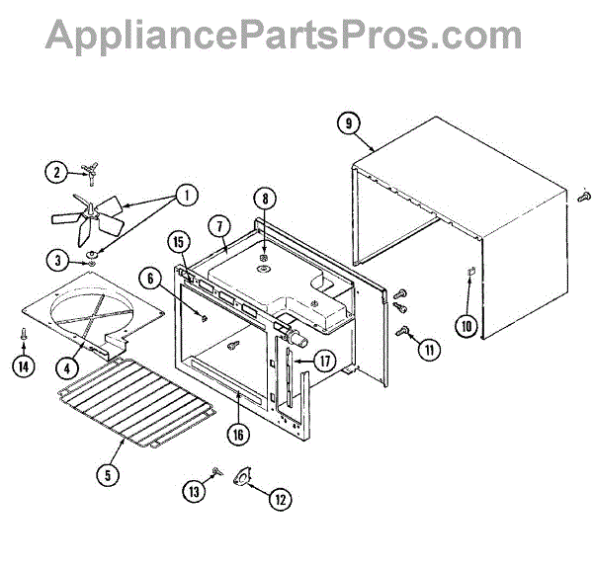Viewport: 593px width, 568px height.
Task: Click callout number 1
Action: (184, 195)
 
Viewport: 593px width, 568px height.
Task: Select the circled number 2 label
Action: (56, 172)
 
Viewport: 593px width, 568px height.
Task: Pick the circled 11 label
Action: (428, 347)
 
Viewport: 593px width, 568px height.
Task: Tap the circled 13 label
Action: (195, 489)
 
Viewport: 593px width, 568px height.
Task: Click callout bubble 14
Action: (23, 366)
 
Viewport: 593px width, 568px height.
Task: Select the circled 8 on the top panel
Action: (265, 198)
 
